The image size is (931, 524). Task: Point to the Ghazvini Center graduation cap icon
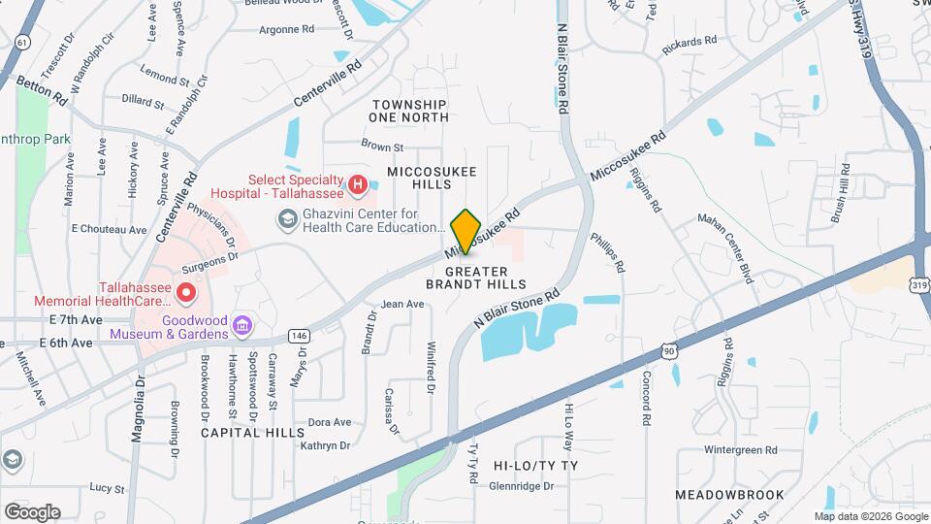click(287, 220)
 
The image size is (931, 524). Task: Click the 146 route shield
click(298, 336)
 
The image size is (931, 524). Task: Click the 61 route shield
click(21, 42)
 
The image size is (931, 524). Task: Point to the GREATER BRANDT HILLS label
click(476, 278)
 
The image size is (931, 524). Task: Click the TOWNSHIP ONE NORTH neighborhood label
click(408, 111)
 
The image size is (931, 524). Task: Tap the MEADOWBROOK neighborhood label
click(729, 495)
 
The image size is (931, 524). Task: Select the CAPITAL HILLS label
click(246, 433)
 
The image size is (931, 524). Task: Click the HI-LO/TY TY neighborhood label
click(535, 466)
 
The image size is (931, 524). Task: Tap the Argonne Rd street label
click(287, 29)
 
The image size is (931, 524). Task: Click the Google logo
click(32, 511)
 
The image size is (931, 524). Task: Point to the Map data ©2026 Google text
click(870, 516)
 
